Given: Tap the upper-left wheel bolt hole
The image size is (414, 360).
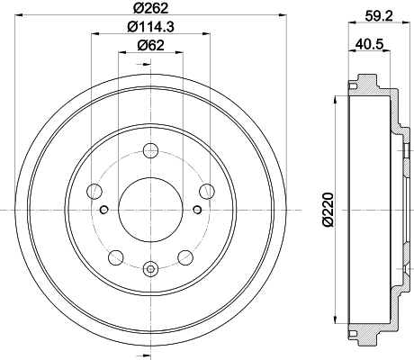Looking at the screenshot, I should click(93, 191).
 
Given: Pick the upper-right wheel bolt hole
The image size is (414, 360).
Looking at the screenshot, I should click(206, 191).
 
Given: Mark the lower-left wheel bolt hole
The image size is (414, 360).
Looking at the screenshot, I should click(113, 256).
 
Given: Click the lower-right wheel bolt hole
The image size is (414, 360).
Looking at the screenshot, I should click(184, 256).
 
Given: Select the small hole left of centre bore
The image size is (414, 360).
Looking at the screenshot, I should click(104, 210).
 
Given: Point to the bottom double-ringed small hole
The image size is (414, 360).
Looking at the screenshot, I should click(148, 267).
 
